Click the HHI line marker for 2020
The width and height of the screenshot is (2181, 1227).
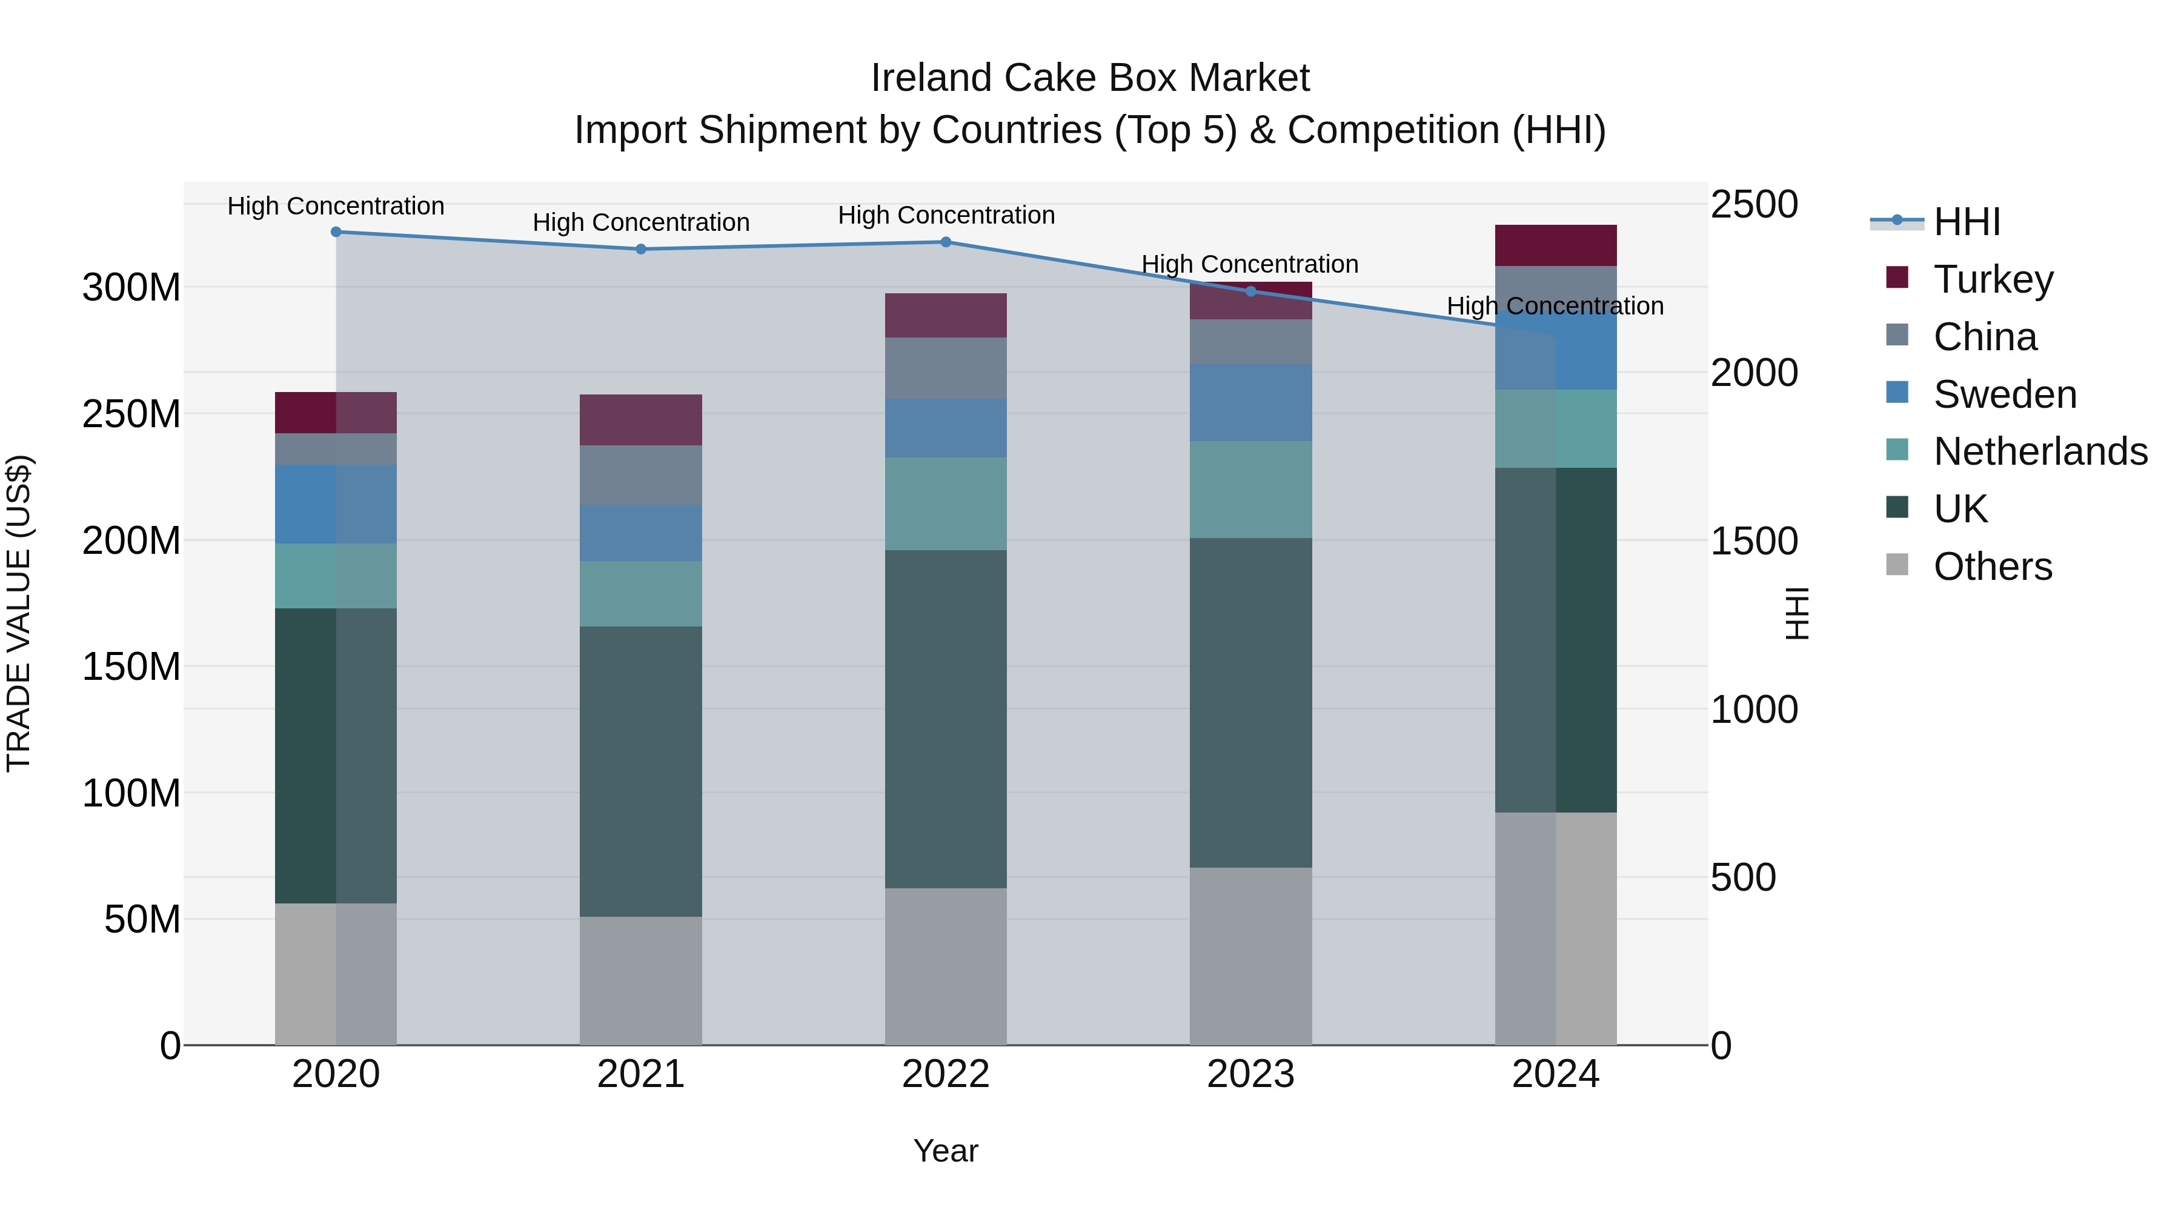(336, 231)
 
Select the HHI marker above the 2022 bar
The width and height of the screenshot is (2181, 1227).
(946, 242)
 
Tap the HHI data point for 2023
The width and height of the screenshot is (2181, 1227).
(1250, 291)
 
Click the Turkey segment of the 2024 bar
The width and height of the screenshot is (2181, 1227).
(1555, 245)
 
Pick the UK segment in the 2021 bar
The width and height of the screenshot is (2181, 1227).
(641, 771)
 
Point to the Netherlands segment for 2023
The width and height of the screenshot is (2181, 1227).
(1250, 490)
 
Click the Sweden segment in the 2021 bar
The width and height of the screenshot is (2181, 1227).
(641, 533)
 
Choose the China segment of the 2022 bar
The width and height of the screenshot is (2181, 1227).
(946, 368)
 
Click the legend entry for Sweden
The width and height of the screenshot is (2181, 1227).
(2004, 394)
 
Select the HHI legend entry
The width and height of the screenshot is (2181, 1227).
(1966, 222)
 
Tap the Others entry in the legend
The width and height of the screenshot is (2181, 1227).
(1992, 567)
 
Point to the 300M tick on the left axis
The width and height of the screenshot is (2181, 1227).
(131, 288)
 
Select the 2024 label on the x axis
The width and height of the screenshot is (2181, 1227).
(1555, 1074)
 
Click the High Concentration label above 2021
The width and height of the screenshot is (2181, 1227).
(641, 223)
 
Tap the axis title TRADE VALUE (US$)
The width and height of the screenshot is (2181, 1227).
(19, 614)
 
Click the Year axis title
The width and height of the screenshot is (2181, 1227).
(946, 1151)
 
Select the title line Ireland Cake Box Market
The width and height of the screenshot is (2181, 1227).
(1090, 78)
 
